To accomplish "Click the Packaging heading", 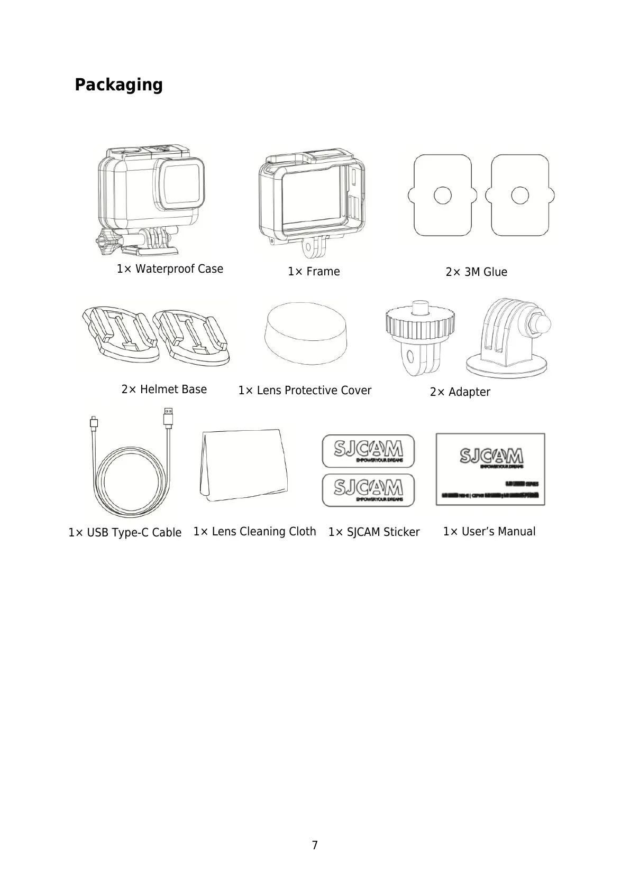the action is pos(118,85).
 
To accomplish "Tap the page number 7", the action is pos(315,845).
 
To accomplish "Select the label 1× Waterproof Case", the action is pos(170,269).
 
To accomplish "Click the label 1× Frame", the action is pos(314,272).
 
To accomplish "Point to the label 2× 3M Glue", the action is pos(476,272).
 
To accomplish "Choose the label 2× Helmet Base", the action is pos(164,390).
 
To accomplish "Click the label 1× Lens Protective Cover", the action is pos(305,391).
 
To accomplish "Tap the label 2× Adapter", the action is pos(460,392).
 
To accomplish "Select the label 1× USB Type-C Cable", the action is pos(125,533).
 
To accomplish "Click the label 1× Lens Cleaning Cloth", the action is pos(254,532).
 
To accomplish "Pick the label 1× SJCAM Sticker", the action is pos(373,532).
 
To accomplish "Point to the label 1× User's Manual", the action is pos(489,532).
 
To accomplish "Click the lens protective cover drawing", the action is pos(306,333).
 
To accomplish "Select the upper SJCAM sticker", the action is pos(368,451).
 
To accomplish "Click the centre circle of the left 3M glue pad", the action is pos(442,196).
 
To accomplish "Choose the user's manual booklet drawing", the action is pos(490,469).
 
